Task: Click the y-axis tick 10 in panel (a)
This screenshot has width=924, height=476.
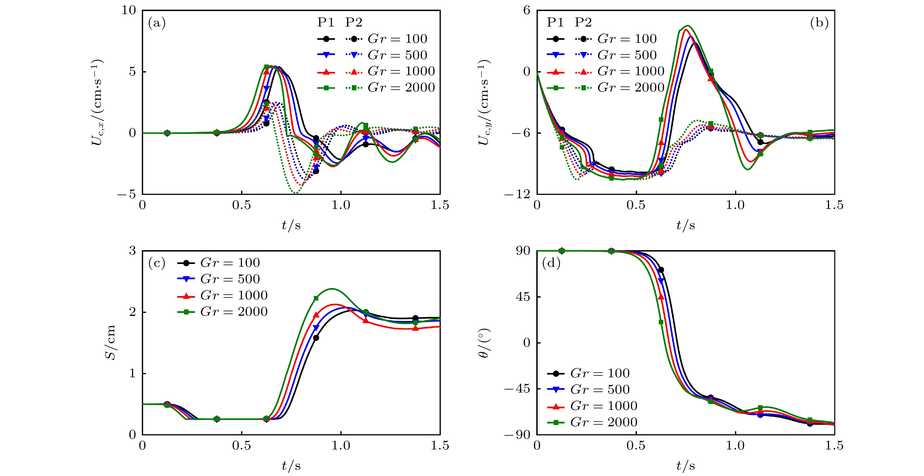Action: (129, 11)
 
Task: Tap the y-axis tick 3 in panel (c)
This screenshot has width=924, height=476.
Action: (133, 250)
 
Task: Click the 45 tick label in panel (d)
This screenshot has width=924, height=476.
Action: (523, 297)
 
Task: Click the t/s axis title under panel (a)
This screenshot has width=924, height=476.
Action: (291, 225)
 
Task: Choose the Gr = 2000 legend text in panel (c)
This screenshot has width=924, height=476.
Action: (234, 312)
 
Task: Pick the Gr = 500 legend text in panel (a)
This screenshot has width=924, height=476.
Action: (397, 55)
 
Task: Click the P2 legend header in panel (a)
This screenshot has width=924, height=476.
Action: (354, 23)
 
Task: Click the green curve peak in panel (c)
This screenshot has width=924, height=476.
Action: (332, 289)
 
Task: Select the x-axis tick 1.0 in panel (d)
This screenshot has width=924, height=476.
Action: (735, 446)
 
